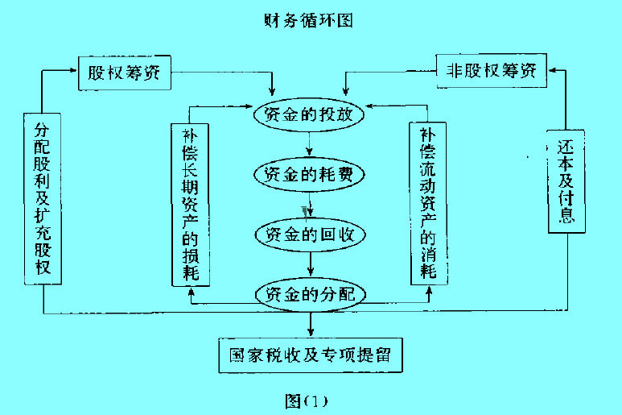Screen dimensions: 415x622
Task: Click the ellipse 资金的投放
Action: (310, 114)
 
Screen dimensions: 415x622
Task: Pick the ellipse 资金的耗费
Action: (310, 173)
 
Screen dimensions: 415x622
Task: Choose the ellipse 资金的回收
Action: (310, 234)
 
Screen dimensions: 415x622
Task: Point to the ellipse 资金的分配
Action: (310, 294)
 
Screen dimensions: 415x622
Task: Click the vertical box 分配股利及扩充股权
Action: (43, 198)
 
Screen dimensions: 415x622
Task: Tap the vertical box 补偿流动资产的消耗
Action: (428, 203)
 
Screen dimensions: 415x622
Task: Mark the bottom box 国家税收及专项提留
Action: (310, 355)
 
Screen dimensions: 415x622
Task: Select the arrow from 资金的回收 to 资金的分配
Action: (310, 264)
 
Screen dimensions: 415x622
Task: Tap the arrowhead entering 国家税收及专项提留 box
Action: (311, 331)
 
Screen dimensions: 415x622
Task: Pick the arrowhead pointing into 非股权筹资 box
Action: (553, 71)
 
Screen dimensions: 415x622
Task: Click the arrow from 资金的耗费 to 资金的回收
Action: (310, 204)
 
